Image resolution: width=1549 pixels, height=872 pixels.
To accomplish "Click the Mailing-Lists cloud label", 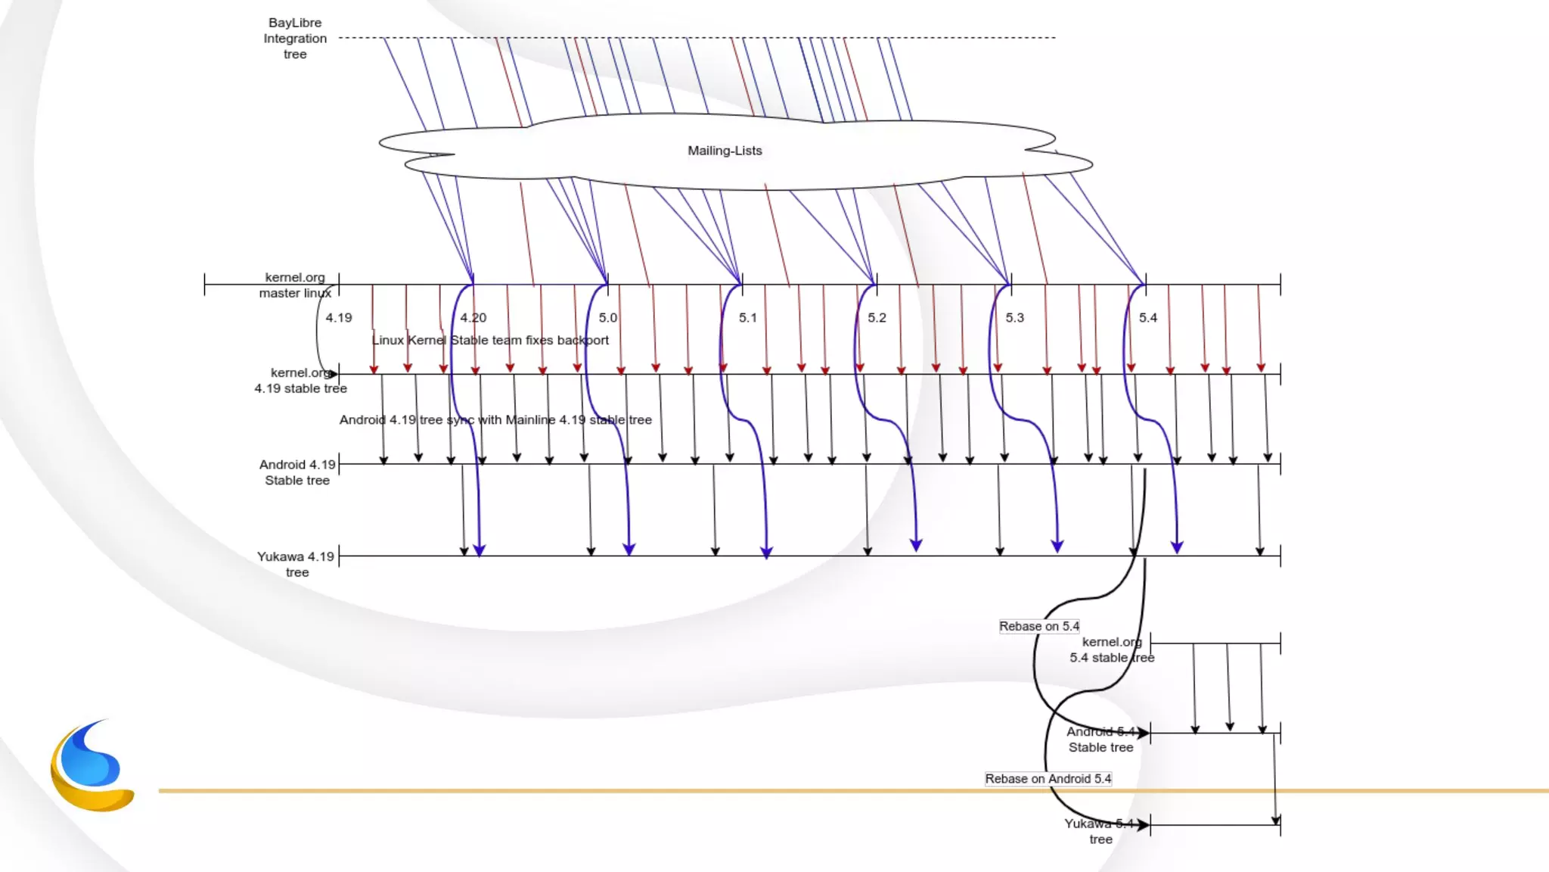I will (725, 151).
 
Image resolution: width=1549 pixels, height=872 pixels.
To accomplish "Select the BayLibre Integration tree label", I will (295, 39).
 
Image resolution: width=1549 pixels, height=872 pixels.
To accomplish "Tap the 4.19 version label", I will (339, 318).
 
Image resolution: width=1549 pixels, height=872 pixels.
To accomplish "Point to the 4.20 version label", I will (473, 318).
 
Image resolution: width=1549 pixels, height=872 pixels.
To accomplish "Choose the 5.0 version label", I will (608, 318).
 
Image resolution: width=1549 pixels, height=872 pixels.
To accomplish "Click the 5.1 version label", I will (748, 318).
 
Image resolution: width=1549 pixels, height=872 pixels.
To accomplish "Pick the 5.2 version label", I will (877, 318).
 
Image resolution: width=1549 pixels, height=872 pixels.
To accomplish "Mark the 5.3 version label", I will (1014, 318).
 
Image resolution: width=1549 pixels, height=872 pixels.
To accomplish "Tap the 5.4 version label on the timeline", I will (1148, 318).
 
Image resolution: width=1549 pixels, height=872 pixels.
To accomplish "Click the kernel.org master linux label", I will (295, 285).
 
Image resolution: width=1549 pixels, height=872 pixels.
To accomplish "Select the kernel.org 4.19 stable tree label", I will (300, 381).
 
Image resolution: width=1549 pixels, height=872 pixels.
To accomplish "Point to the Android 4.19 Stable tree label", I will (297, 472).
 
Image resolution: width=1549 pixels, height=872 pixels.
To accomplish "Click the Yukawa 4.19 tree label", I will (296, 564).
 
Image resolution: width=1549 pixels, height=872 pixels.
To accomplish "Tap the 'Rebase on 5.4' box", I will (1039, 626).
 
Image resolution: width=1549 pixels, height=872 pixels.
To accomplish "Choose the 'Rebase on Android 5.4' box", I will (1048, 779).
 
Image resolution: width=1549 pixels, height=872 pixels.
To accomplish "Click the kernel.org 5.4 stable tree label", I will (1112, 649).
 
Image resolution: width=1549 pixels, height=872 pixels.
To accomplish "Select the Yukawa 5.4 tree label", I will (1100, 831).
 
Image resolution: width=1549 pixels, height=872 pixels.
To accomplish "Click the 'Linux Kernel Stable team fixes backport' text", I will (490, 341).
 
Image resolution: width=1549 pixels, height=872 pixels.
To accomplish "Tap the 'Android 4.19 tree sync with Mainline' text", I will (495, 420).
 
